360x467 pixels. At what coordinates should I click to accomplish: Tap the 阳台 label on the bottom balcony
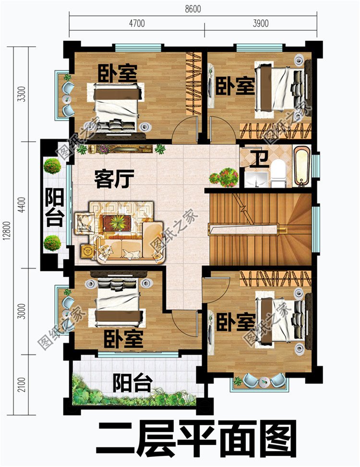point(133,383)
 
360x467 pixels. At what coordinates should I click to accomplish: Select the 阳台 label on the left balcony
point(54,208)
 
